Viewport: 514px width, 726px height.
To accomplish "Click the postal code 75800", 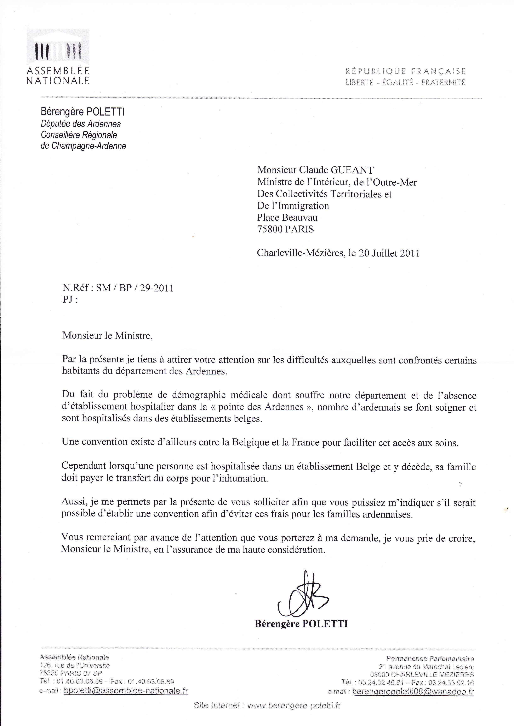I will [x=270, y=229].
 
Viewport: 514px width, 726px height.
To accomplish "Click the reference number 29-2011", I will [x=157, y=288].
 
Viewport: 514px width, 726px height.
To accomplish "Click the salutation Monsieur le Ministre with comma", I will [x=107, y=336].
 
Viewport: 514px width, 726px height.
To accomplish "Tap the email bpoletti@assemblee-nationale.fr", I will [x=126, y=691].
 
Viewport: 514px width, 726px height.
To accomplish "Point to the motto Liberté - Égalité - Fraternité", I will [x=405, y=83].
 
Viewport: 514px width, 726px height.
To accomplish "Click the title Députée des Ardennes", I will [x=81, y=124].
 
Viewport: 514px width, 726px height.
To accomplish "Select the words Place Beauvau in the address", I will [x=287, y=218].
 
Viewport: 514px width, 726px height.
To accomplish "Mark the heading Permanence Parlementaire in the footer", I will [x=430, y=659].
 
